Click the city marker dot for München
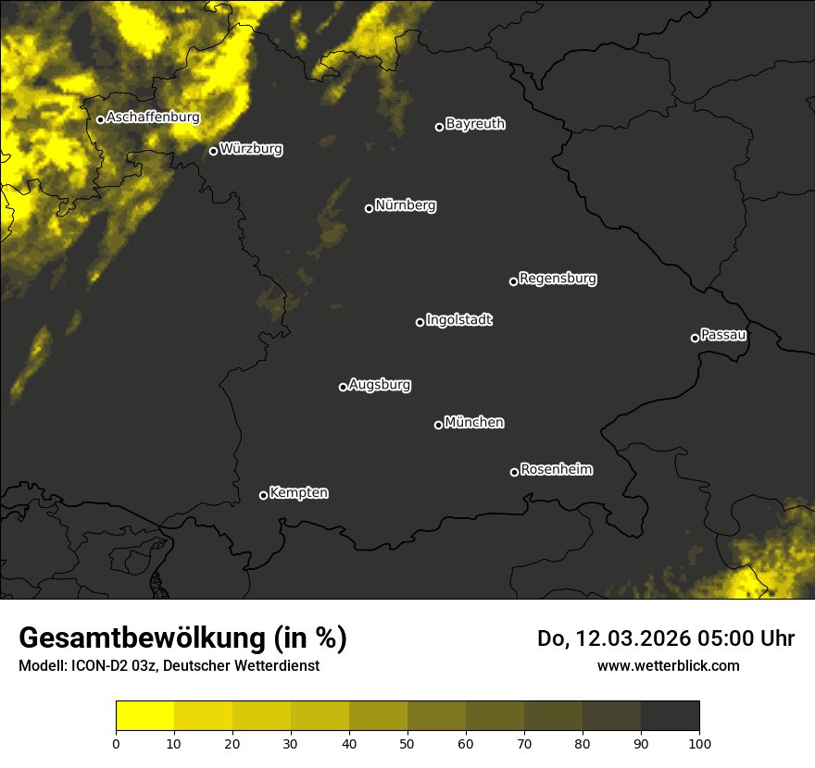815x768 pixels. click(438, 426)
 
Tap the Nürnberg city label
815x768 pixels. click(406, 205)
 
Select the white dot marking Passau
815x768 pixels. click(695, 338)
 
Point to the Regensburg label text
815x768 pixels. click(558, 279)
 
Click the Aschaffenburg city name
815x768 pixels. click(153, 118)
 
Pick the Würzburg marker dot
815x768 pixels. click(213, 151)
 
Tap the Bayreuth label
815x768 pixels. click(475, 124)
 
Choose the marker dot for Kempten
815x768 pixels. click(263, 495)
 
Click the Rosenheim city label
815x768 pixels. click(556, 470)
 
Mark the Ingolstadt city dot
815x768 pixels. click(420, 322)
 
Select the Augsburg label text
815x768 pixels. click(380, 385)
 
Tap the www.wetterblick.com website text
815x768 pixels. click(668, 665)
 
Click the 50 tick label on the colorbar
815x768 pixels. click(407, 742)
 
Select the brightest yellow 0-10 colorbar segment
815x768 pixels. click(144, 715)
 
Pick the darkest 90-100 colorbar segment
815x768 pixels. click(670, 715)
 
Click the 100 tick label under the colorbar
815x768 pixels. click(699, 742)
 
